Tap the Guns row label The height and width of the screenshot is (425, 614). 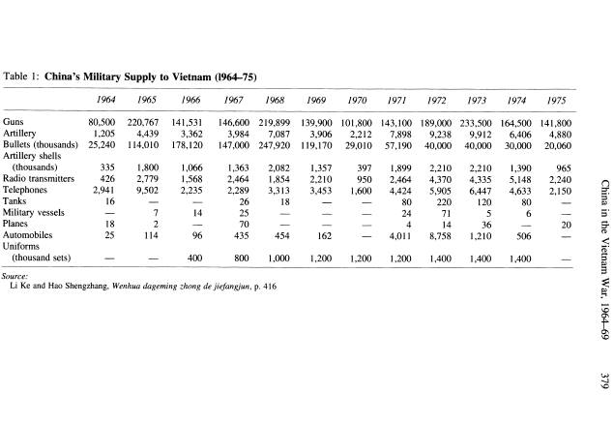click(x=15, y=123)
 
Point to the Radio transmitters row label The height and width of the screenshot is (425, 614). click(x=38, y=178)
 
